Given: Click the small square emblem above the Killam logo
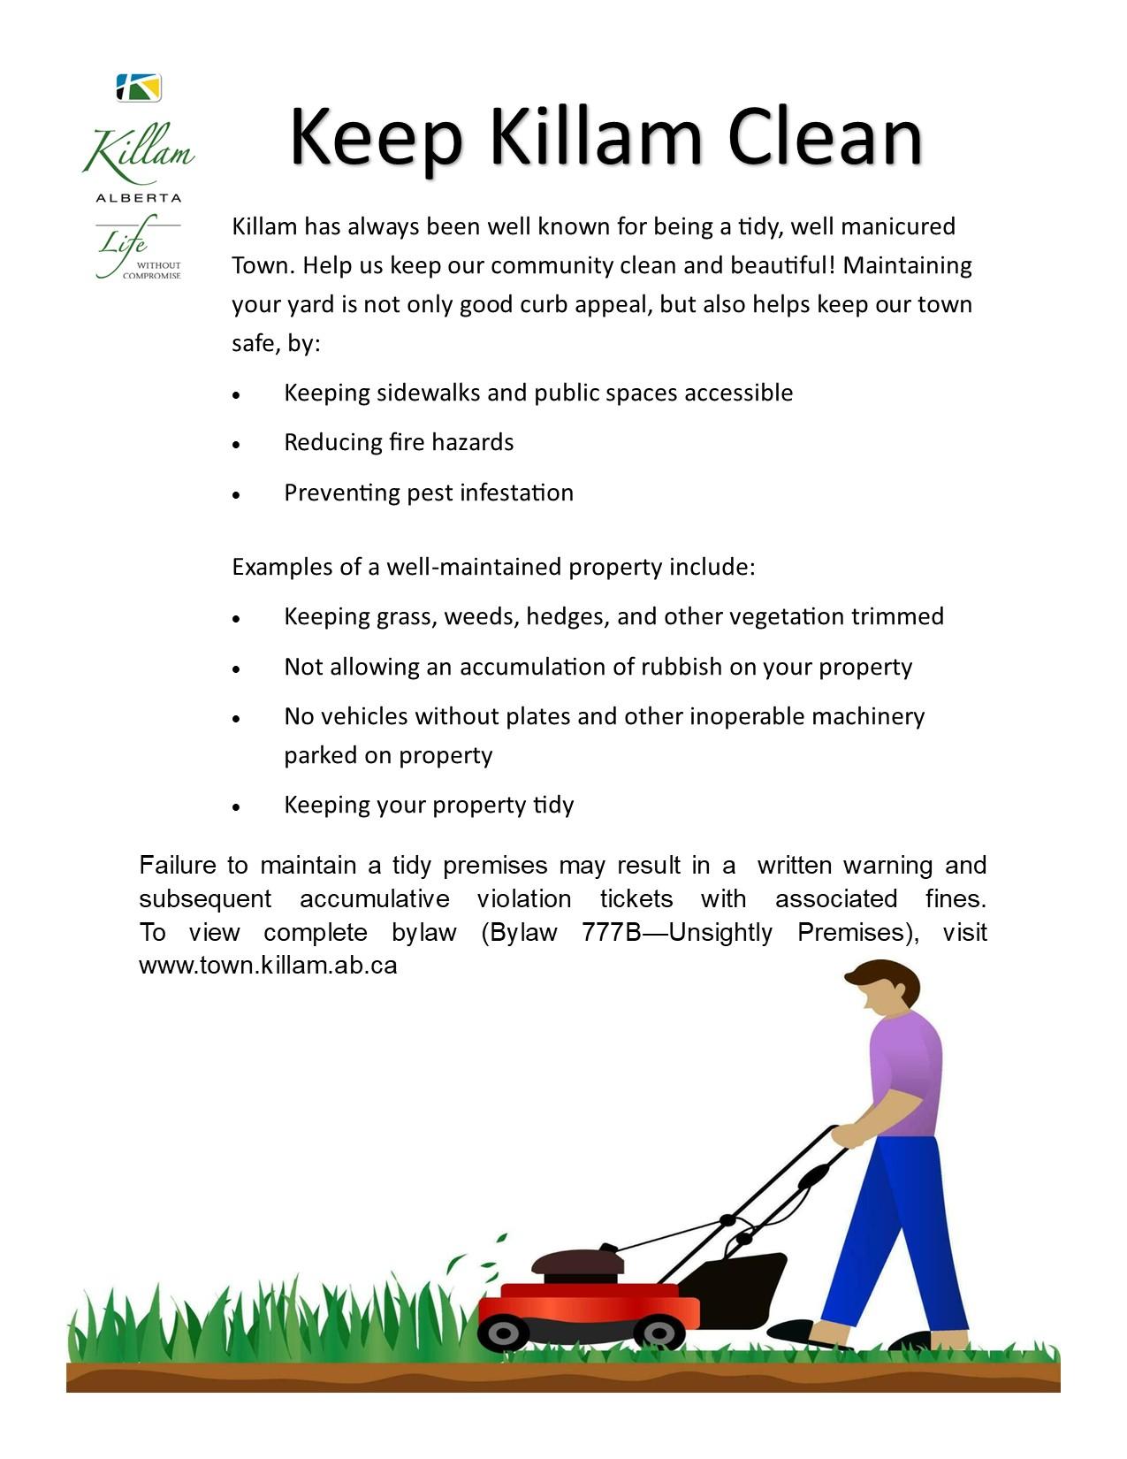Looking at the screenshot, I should tap(139, 88).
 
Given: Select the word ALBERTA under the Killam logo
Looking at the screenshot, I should tap(139, 198).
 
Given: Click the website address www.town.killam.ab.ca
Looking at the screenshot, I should tap(268, 965).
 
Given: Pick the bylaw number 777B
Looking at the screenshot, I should tap(611, 932).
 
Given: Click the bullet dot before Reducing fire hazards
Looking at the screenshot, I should tap(236, 445).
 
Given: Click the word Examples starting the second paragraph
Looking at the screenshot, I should tap(282, 567).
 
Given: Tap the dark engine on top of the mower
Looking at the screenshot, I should tap(583, 1264).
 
